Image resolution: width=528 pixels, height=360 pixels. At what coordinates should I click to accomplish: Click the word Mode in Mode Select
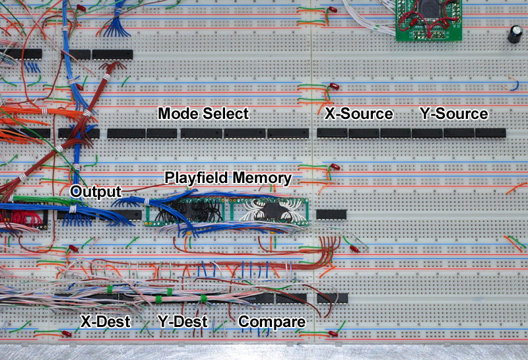pyautogui.click(x=178, y=114)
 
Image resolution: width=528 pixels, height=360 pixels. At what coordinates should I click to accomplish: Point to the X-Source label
pyautogui.click(x=358, y=114)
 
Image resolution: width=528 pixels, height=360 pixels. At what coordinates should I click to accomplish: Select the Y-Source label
pyautogui.click(x=453, y=114)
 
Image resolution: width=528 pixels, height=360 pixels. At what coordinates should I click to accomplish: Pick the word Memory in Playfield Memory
pyautogui.click(x=265, y=178)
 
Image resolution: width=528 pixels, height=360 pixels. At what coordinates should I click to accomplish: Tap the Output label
pyautogui.click(x=96, y=192)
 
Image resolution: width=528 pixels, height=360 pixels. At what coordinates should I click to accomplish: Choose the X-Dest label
pyautogui.click(x=105, y=322)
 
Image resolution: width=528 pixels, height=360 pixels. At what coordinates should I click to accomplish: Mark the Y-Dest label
pyautogui.click(x=183, y=322)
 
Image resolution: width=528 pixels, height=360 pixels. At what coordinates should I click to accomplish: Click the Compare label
pyautogui.click(x=272, y=322)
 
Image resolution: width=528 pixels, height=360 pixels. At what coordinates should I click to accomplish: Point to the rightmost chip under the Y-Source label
pyautogui.click(x=490, y=133)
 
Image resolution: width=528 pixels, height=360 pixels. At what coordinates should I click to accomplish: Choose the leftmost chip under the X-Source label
pyautogui.click(x=332, y=133)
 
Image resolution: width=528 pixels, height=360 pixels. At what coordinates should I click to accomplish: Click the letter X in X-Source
pyautogui.click(x=329, y=114)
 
